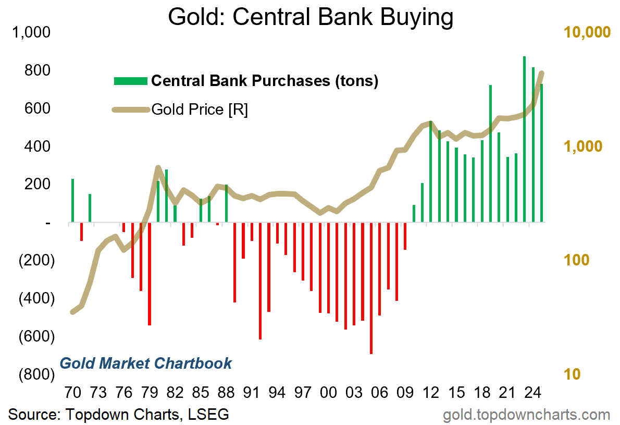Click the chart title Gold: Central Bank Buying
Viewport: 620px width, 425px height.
[311, 17]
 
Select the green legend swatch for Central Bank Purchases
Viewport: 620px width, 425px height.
[130, 81]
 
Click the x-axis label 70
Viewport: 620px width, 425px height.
[73, 392]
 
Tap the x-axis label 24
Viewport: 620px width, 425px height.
[532, 392]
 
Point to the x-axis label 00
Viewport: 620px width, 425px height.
[328, 392]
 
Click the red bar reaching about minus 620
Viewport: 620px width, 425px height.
[260, 281]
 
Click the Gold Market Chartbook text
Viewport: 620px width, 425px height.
[146, 363]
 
